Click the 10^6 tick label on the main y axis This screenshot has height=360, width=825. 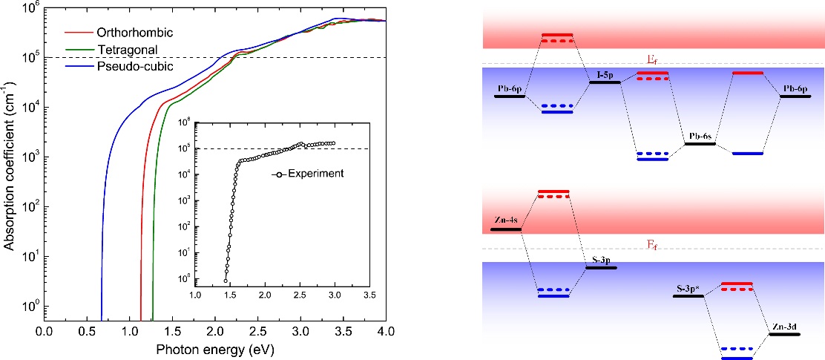pyautogui.click(x=30, y=8)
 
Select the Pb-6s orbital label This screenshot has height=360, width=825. pyautogui.click(x=700, y=137)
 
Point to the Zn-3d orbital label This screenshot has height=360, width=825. pyautogui.click(x=785, y=327)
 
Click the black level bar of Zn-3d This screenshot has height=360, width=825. pyautogui.click(x=785, y=335)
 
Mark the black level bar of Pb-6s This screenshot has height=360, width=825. pyautogui.click(x=700, y=144)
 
